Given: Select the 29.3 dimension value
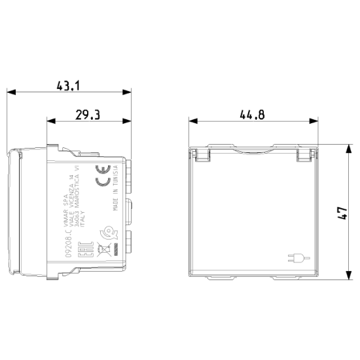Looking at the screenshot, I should tap(88, 115).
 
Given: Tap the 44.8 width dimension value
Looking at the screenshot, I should tap(252, 115).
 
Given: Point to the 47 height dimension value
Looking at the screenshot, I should tap(341, 212).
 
